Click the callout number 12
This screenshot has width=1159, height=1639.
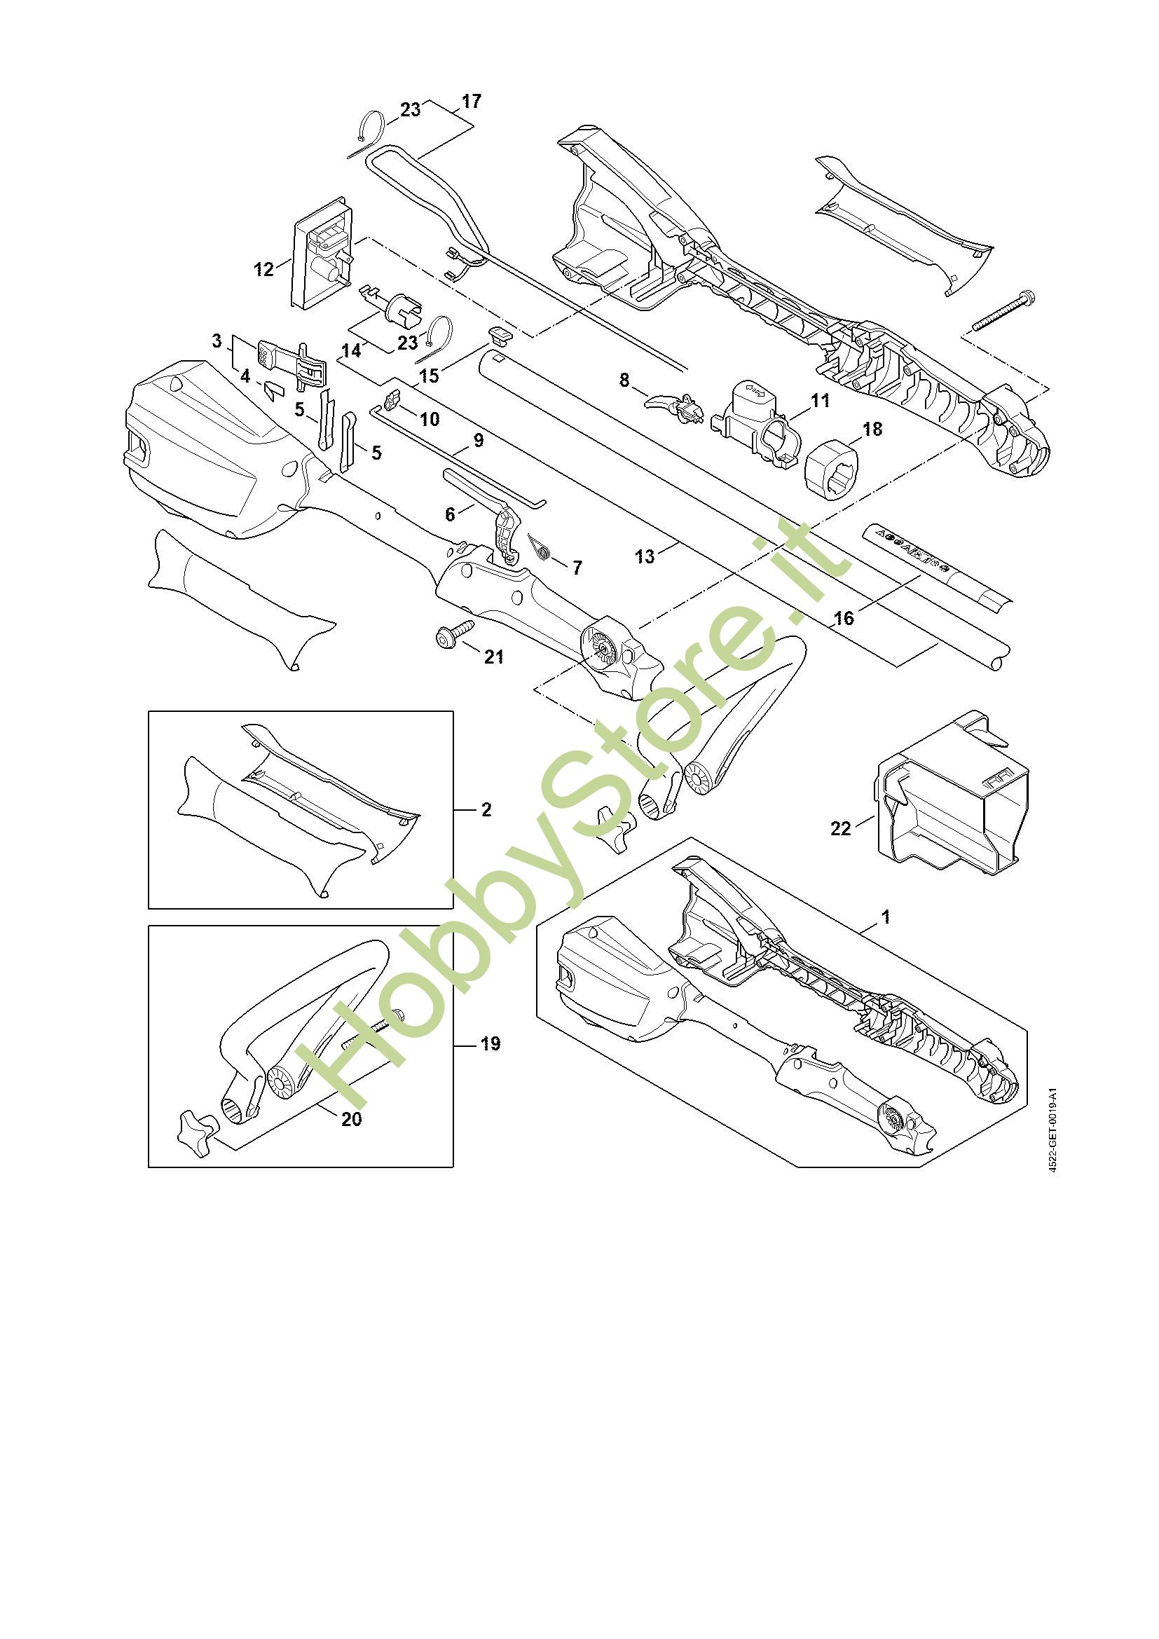263,269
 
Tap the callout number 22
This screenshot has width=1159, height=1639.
841,828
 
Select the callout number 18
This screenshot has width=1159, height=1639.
872,429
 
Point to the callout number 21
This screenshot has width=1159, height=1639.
494,656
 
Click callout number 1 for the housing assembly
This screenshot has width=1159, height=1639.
886,917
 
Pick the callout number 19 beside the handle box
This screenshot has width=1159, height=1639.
491,1043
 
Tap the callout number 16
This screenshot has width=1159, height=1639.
844,618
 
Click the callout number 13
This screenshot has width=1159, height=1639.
645,556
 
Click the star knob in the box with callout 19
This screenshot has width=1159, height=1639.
195,1132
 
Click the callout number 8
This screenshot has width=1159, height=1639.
624,380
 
